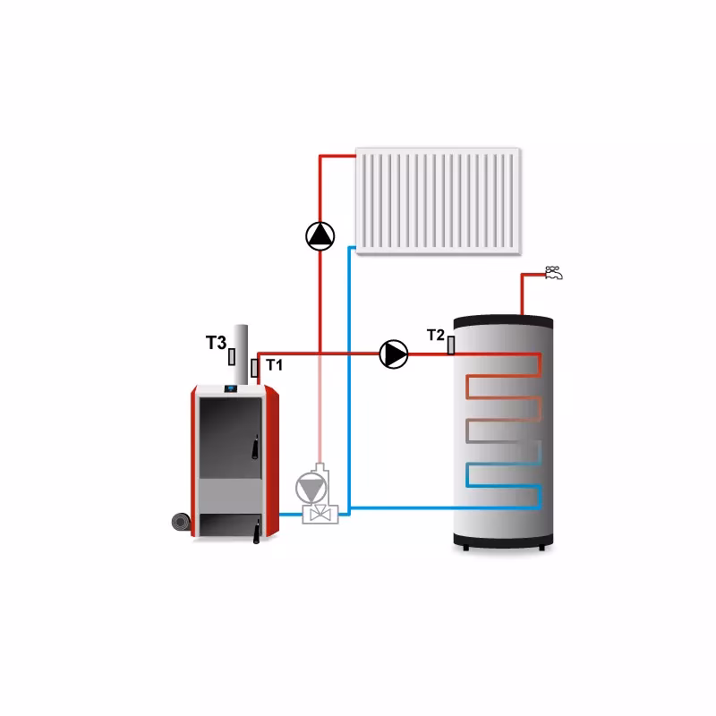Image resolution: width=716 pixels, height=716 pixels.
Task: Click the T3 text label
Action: [216, 342]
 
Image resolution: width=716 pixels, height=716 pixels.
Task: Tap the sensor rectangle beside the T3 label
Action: [232, 355]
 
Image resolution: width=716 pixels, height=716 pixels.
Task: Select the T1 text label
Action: [274, 365]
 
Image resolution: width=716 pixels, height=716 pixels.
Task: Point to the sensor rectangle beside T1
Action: [255, 366]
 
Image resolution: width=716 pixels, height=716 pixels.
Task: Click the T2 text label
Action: [436, 335]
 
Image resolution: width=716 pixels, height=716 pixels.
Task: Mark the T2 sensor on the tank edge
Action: [451, 345]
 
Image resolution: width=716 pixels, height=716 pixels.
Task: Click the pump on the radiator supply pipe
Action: [320, 235]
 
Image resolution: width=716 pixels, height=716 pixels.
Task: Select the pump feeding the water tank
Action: [394, 354]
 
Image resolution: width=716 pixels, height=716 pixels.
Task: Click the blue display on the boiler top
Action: [228, 388]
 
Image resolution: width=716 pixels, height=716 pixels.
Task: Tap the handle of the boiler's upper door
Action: [253, 443]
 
